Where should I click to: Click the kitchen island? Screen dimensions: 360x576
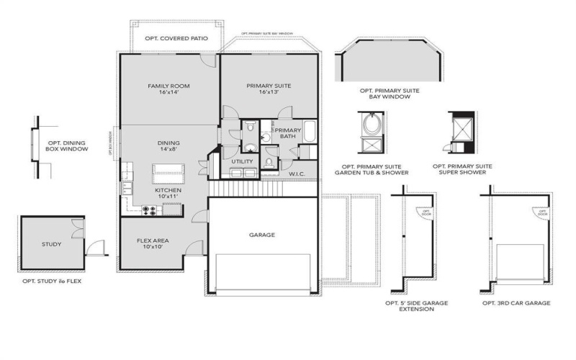[168, 174]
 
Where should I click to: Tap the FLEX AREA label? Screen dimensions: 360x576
[153, 243]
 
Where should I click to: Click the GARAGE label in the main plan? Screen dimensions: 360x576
[262, 235]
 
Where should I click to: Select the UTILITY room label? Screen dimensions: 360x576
[242, 162]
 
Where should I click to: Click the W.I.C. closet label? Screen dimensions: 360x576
[298, 174]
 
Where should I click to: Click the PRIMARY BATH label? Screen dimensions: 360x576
[288, 134]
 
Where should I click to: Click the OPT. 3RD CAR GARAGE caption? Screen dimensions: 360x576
[516, 303]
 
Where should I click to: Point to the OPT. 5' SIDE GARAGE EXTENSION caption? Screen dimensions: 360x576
[417, 307]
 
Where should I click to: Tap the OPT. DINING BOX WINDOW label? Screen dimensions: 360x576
[68, 145]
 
